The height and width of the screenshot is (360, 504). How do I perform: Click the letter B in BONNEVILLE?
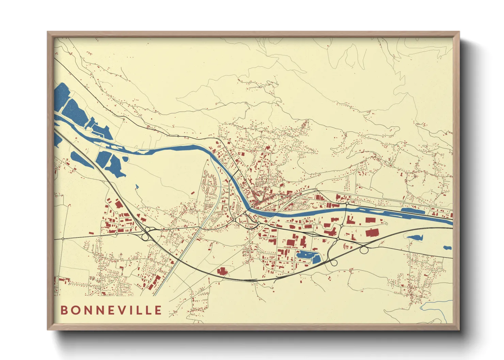[64, 310]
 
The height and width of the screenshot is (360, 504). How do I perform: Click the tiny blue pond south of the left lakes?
[137, 186]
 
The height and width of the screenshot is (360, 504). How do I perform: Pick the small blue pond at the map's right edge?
[447, 248]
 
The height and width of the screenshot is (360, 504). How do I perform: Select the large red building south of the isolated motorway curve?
[222, 271]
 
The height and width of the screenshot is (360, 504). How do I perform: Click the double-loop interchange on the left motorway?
[146, 234]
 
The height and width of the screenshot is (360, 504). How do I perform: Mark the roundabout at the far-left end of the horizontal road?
[63, 239]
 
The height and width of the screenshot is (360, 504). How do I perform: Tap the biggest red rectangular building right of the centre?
[372, 233]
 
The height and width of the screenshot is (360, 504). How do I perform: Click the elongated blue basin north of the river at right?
[413, 210]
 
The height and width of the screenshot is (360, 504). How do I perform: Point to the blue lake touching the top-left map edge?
[61, 95]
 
